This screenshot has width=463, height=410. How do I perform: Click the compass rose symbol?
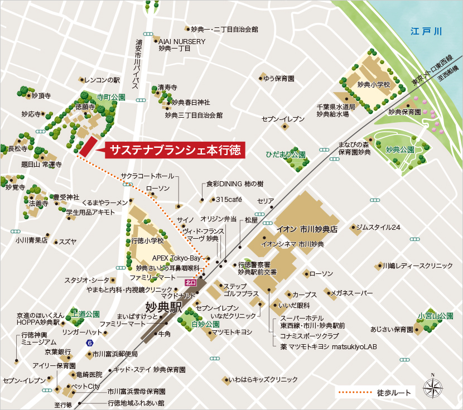click(x=432, y=388)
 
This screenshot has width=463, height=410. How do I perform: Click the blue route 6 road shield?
click(x=89, y=343)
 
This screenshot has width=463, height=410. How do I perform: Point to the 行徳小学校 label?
click(x=147, y=241)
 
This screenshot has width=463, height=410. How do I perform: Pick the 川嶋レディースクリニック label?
click(x=417, y=266)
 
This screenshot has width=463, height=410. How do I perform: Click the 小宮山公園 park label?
click(x=435, y=316)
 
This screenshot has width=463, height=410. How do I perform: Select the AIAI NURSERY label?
click(x=182, y=41)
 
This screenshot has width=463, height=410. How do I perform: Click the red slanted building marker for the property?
click(x=85, y=147)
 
